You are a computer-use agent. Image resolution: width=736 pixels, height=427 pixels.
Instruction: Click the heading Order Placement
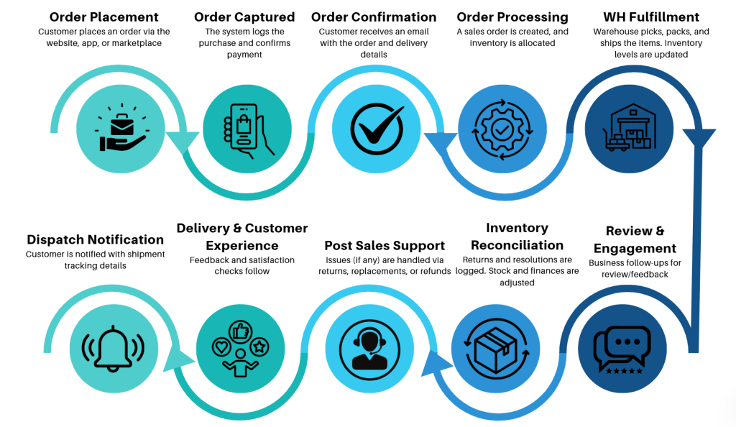click(103, 17)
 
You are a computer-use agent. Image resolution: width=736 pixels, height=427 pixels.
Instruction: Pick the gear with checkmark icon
click(502, 129)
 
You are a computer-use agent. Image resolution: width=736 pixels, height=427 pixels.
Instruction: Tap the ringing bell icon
click(113, 349)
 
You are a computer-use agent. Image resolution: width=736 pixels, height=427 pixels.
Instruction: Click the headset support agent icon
click(369, 349)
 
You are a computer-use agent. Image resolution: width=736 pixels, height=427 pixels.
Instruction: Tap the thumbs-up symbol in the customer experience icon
click(240, 331)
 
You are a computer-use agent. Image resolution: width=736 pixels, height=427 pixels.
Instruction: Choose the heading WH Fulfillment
click(651, 17)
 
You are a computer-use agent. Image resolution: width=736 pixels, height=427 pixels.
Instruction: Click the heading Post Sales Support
click(385, 246)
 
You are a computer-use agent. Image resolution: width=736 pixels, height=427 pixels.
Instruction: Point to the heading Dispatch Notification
click(96, 240)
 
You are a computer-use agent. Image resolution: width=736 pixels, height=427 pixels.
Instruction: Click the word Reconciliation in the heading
click(517, 245)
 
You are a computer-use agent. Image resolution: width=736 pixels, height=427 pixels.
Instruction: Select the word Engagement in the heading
click(635, 249)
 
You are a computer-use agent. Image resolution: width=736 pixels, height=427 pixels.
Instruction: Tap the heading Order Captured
click(244, 17)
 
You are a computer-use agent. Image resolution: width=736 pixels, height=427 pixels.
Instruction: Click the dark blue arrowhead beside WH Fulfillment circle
click(699, 138)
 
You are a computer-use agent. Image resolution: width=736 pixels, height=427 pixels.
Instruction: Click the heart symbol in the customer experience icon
click(221, 347)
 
